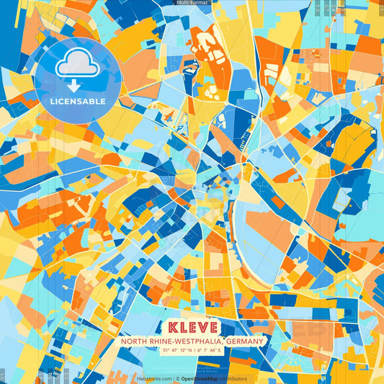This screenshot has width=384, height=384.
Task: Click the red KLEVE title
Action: click(192, 327)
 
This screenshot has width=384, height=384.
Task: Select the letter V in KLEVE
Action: click(201, 327)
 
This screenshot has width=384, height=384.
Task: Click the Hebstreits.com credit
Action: click(154, 378)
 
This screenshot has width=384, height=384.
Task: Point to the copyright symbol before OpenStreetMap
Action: click(177, 378)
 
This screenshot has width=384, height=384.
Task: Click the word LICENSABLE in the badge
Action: click(78, 101)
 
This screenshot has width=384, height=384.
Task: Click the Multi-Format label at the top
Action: click(192, 3)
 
